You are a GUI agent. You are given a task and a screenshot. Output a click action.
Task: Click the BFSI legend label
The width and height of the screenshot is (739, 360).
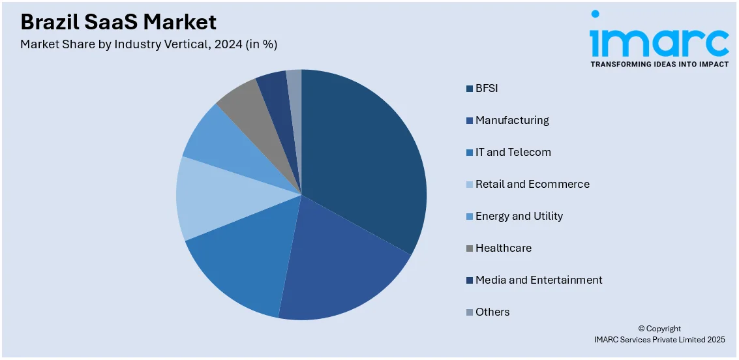click(487, 88)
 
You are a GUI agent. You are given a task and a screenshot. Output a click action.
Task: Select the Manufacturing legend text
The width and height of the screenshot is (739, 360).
click(512, 120)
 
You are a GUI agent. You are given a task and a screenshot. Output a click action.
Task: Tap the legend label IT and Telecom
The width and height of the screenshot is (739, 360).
click(513, 152)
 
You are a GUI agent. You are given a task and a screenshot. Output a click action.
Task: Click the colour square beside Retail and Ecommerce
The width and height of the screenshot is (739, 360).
click(470, 185)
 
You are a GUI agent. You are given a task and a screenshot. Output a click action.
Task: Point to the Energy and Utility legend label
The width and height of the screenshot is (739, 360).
click(519, 216)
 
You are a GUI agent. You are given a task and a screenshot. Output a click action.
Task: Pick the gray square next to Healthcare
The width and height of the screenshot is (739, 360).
click(470, 248)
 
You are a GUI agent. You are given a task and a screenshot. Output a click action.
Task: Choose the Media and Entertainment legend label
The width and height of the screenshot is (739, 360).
click(539, 280)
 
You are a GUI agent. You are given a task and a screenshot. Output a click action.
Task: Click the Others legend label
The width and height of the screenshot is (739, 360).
click(492, 312)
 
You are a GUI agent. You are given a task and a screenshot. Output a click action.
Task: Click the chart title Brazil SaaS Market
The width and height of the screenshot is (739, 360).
click(118, 22)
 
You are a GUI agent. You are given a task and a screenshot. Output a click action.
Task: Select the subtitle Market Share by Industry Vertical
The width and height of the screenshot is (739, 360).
click(149, 44)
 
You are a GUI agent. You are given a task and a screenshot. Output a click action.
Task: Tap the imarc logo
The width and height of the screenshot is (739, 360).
click(659, 39)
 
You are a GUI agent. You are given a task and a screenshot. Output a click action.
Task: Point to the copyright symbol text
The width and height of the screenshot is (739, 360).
click(659, 329)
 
